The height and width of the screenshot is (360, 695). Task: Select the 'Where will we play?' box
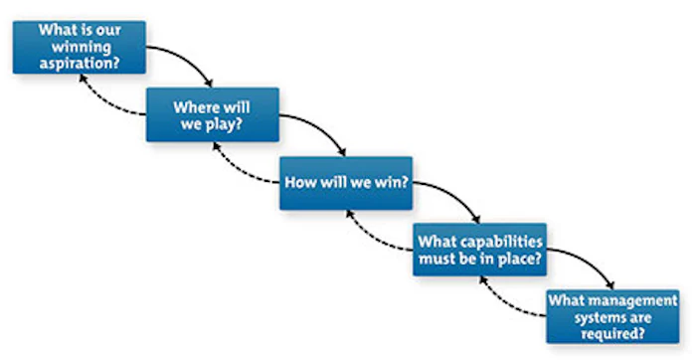(x=212, y=114)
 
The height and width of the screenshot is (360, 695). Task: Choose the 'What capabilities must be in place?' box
(x=480, y=250)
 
